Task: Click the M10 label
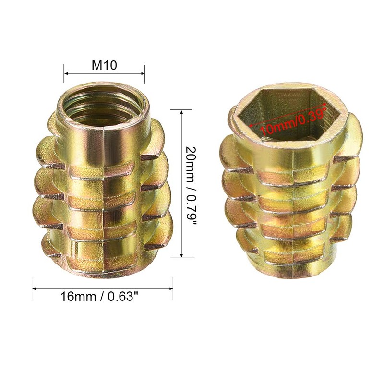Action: click(104, 65)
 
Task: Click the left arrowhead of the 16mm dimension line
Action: click(35, 288)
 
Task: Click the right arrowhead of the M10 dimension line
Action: click(143, 73)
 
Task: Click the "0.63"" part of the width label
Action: click(123, 297)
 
